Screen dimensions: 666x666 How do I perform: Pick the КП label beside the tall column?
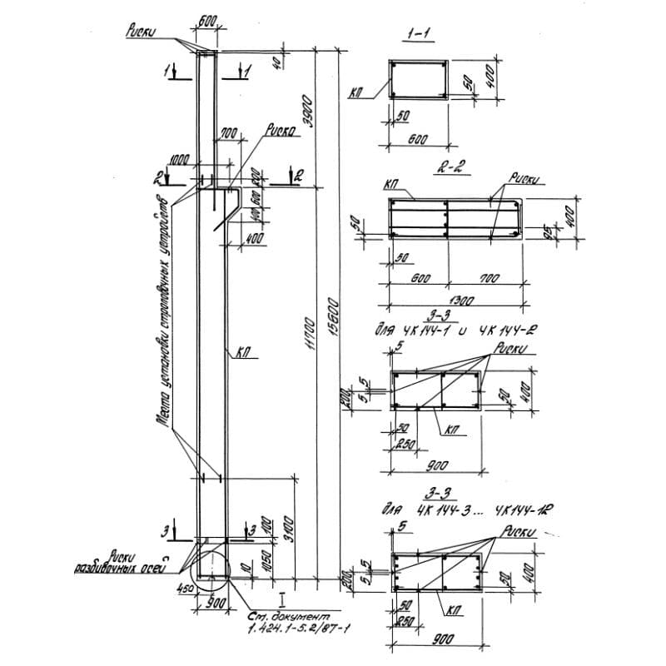click(x=243, y=353)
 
